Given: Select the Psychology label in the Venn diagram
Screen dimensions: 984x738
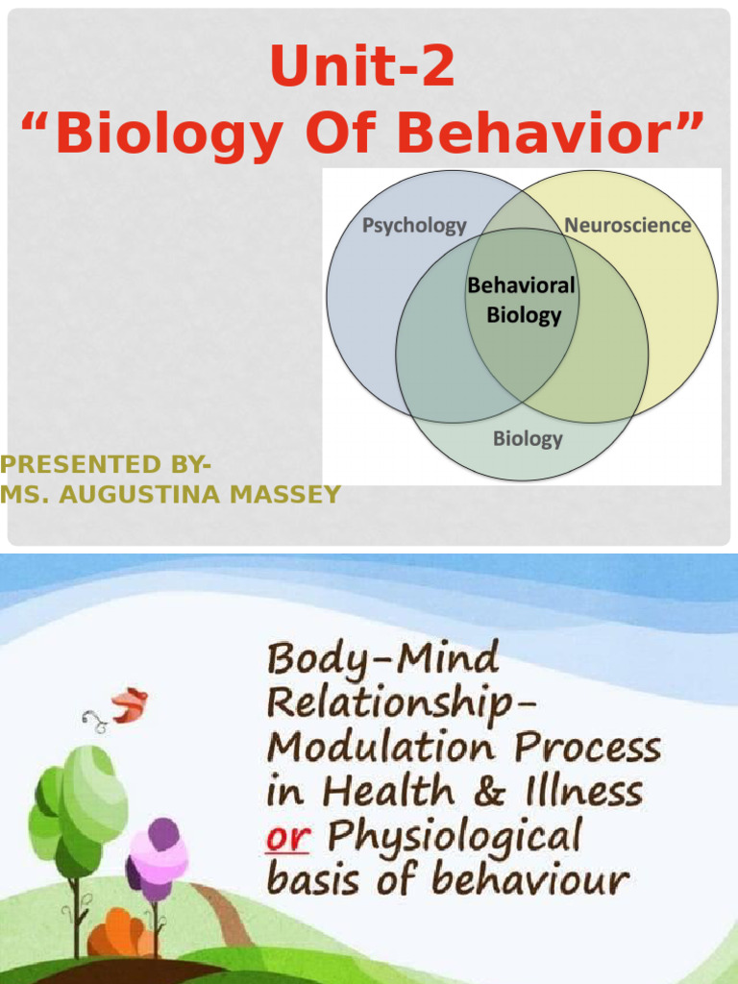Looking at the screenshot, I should [x=413, y=226].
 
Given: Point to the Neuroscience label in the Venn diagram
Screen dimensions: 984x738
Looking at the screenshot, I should [x=627, y=226].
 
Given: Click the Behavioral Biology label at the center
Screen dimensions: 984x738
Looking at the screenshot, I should [x=522, y=300].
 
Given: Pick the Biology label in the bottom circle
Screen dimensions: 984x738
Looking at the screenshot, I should [x=528, y=439].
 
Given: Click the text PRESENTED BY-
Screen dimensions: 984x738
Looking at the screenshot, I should [x=106, y=465].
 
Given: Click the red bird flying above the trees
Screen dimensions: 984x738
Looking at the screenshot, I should [x=128, y=705].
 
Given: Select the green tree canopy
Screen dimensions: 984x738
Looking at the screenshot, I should [x=82, y=802].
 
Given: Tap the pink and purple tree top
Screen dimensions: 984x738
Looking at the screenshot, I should [x=159, y=850].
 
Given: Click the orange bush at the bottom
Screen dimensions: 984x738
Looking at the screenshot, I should [x=120, y=932].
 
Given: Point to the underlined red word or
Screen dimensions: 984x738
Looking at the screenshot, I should [x=288, y=837].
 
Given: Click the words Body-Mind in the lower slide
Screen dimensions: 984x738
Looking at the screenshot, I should [x=381, y=660].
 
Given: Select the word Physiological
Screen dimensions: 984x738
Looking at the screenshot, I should [x=454, y=837].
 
